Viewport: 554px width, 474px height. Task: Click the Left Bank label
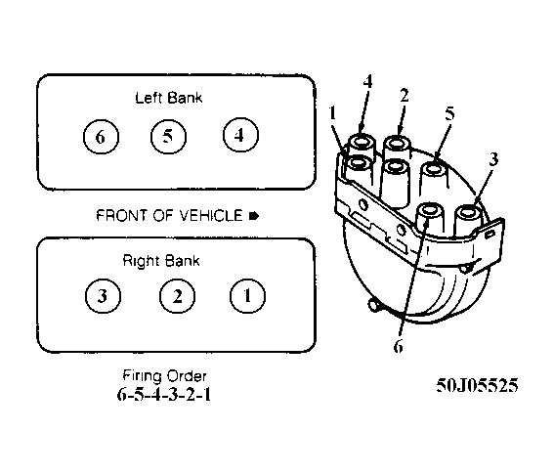tap(169, 98)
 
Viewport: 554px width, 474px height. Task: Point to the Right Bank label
tap(161, 261)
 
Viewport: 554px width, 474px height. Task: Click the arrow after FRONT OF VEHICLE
tap(254, 216)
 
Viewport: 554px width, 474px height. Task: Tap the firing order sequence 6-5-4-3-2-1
tap(164, 395)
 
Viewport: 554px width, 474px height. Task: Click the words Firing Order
tap(164, 375)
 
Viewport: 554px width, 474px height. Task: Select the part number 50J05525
tap(478, 385)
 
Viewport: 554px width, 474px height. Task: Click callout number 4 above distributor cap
tap(367, 82)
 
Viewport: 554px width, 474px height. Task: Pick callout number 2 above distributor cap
tap(405, 96)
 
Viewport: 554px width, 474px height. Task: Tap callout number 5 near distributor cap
tap(449, 113)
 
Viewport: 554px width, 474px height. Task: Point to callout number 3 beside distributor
tap(493, 159)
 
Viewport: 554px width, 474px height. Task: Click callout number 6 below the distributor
tap(399, 346)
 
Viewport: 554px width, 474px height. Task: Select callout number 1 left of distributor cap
tap(332, 113)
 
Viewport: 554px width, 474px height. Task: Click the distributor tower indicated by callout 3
tap(468, 222)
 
